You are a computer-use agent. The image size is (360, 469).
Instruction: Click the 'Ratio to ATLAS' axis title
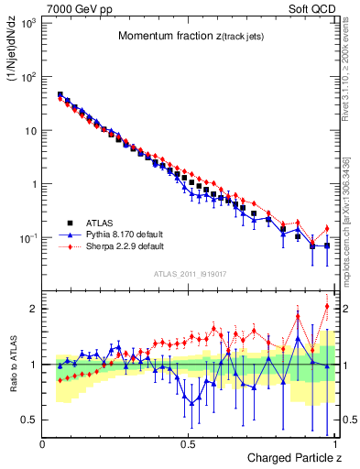pos(14,366)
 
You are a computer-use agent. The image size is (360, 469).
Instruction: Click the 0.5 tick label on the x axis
pos(189,444)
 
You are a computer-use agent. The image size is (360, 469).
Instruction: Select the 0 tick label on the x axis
pos(43,444)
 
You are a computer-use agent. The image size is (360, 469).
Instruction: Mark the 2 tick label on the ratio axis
pos(33,309)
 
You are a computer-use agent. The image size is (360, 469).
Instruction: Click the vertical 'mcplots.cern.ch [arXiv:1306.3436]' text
pos(352,220)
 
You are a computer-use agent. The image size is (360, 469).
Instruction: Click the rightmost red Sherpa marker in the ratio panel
pos(327,306)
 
